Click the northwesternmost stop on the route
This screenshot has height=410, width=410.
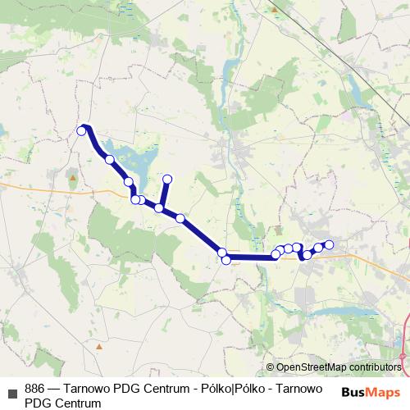[82, 130]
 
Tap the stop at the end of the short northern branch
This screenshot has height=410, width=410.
[167, 179]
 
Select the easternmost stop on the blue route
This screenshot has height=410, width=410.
[330, 244]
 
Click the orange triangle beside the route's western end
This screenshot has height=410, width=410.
[73, 177]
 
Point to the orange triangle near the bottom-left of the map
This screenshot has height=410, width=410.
[98, 346]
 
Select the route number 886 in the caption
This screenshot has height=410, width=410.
[35, 389]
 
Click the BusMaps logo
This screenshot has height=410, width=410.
[371, 392]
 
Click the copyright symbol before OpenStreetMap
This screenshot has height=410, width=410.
[271, 367]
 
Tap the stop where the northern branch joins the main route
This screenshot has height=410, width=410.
[160, 207]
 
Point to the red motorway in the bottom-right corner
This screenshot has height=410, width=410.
[403, 348]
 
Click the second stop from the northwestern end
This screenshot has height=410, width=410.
[109, 159]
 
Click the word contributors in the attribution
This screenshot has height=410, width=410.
[376, 367]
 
